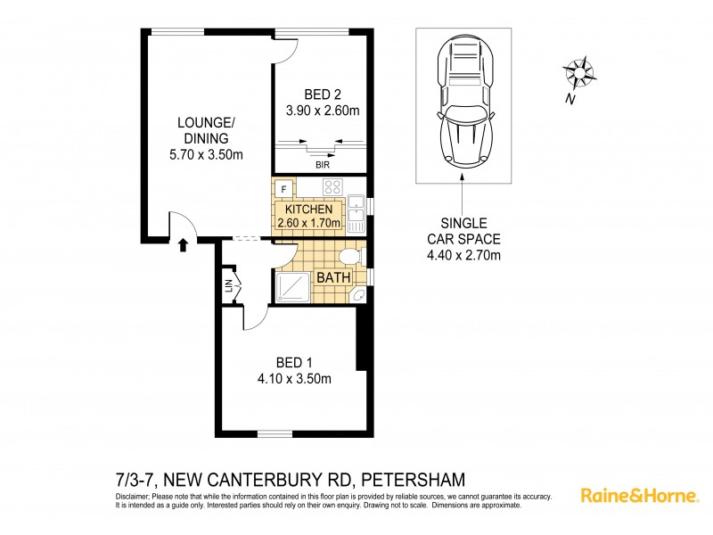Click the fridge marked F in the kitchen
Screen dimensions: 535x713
coord(283,188)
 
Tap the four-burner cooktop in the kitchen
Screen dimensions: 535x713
coord(332,187)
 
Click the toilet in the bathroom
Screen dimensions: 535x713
coord(351,258)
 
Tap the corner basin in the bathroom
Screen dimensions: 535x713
coord(358,296)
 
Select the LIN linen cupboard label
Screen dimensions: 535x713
coord(229,285)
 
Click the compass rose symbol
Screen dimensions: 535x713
coord(579,70)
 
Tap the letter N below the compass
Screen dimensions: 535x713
coord(569,100)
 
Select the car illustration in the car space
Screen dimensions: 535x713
coord(463,103)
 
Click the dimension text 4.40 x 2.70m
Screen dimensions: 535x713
coord(463,257)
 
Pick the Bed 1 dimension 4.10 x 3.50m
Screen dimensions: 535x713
coord(293,378)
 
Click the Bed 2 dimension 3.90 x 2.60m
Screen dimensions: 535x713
coord(322,111)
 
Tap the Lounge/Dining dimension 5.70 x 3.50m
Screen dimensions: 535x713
coord(206,154)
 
